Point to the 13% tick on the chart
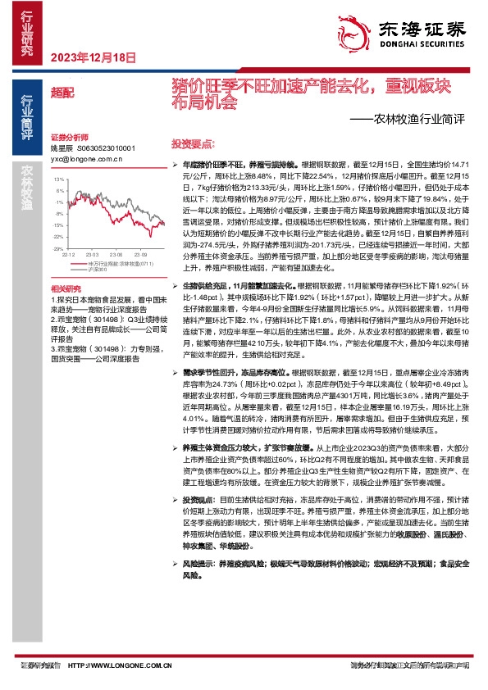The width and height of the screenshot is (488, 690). pyautogui.click(x=59, y=178)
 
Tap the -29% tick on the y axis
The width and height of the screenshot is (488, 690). pyautogui.click(x=58, y=247)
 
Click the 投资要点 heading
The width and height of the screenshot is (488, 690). pyautogui.click(x=194, y=142)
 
